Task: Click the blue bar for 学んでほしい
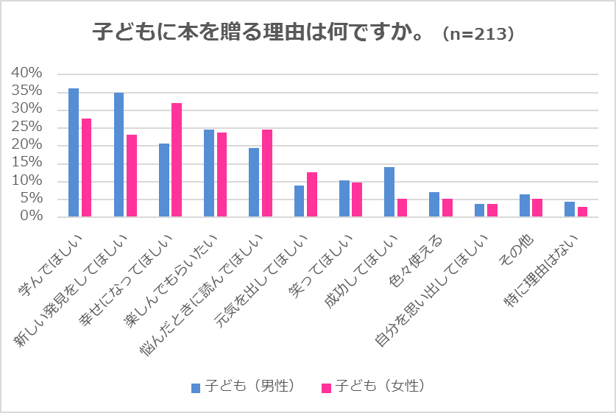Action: point(74,152)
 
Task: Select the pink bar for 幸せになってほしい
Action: point(177,160)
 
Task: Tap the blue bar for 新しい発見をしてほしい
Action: point(118,155)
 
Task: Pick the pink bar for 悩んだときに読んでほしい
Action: point(267,173)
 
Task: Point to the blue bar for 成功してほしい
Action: point(389,192)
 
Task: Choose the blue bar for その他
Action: point(525,205)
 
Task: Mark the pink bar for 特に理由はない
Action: point(582,212)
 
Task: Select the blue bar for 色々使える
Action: point(434,205)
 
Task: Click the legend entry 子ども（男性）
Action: point(243,386)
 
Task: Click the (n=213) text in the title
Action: point(479,34)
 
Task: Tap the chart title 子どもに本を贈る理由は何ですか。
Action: point(258,33)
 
